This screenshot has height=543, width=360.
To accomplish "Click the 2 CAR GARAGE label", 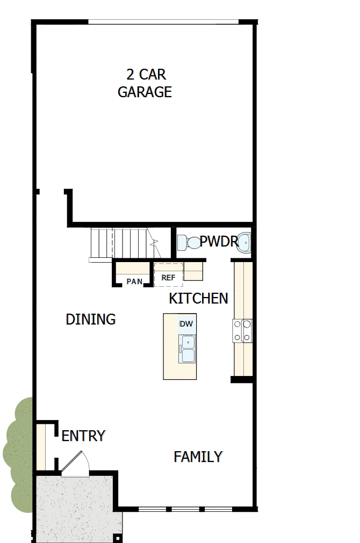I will (145, 83).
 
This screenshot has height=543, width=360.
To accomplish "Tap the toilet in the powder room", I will (188, 243).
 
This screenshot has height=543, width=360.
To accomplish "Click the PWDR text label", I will (218, 242).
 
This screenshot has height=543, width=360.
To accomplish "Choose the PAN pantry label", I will (134, 281).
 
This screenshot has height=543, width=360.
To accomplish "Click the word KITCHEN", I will (198, 299).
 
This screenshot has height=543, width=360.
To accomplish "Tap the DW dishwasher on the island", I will (186, 324).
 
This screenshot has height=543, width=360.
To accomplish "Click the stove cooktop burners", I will (242, 331).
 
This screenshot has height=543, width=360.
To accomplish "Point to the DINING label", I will (91, 320).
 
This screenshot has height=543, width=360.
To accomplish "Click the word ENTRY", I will (83, 436).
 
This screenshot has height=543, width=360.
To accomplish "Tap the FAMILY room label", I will (198, 457).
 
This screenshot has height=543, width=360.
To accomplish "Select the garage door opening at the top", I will (163, 22).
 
